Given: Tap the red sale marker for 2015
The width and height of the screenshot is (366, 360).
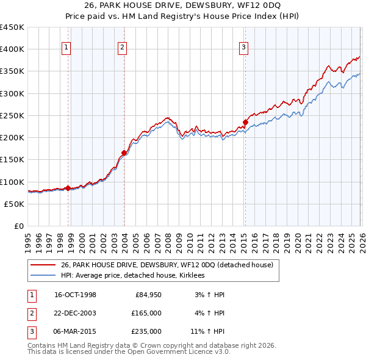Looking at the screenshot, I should pos(245,122).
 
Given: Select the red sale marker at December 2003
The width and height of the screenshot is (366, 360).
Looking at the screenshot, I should pos(124,153).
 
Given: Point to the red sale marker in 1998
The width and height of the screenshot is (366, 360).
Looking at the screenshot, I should pos(68,188).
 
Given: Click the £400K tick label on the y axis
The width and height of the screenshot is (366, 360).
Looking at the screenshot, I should pos(12,49).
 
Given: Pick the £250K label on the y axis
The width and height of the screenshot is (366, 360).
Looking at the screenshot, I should pos(12,115).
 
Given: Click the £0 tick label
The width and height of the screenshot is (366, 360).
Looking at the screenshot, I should pos(18,226).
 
